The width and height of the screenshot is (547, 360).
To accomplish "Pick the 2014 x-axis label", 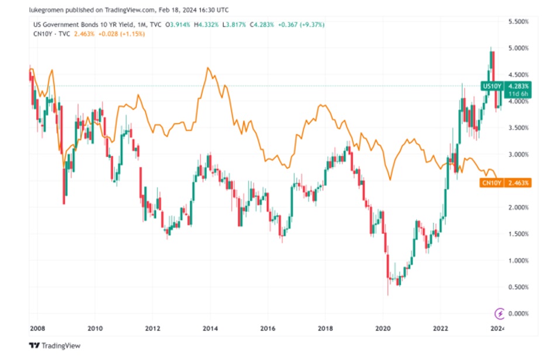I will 209,328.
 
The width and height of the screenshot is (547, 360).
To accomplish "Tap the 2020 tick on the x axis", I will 382,328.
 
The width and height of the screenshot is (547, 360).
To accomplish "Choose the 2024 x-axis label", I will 497,328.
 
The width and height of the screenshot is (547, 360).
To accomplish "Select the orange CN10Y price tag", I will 489,183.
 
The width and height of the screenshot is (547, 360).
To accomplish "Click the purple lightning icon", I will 500,313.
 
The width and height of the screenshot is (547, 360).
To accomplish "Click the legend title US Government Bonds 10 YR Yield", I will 80,25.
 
